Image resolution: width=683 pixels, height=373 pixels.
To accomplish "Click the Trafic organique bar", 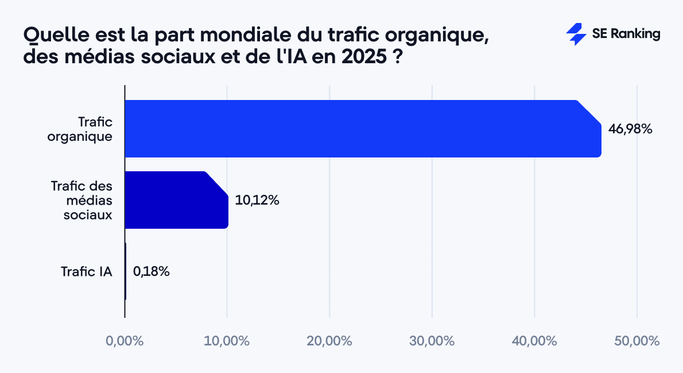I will tap(362, 129).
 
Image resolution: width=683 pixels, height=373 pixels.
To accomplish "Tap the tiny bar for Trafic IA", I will tap(125, 271).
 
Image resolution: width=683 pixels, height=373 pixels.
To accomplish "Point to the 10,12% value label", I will tap(257, 201).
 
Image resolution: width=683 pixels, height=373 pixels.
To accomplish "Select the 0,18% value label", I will tap(151, 271).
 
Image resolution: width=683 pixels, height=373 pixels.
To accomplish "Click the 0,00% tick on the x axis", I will tap(125, 341).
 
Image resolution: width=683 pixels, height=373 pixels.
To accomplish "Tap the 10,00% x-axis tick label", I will tap(227, 341).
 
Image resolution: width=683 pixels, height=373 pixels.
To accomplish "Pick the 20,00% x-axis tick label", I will tap(329, 341).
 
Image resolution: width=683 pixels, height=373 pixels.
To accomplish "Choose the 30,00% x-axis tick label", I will tap(432, 341).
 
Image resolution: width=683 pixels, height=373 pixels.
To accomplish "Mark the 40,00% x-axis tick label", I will tap(534, 341).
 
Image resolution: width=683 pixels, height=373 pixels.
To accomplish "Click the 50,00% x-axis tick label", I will tap(637, 341).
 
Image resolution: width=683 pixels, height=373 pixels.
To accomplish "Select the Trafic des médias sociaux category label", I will tap(81, 200).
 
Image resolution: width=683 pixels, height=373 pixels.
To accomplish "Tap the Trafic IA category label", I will tap(86, 271).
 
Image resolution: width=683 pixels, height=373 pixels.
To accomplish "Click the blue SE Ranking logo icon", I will tap(576, 34).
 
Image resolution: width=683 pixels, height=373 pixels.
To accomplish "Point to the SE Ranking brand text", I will tap(626, 34).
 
